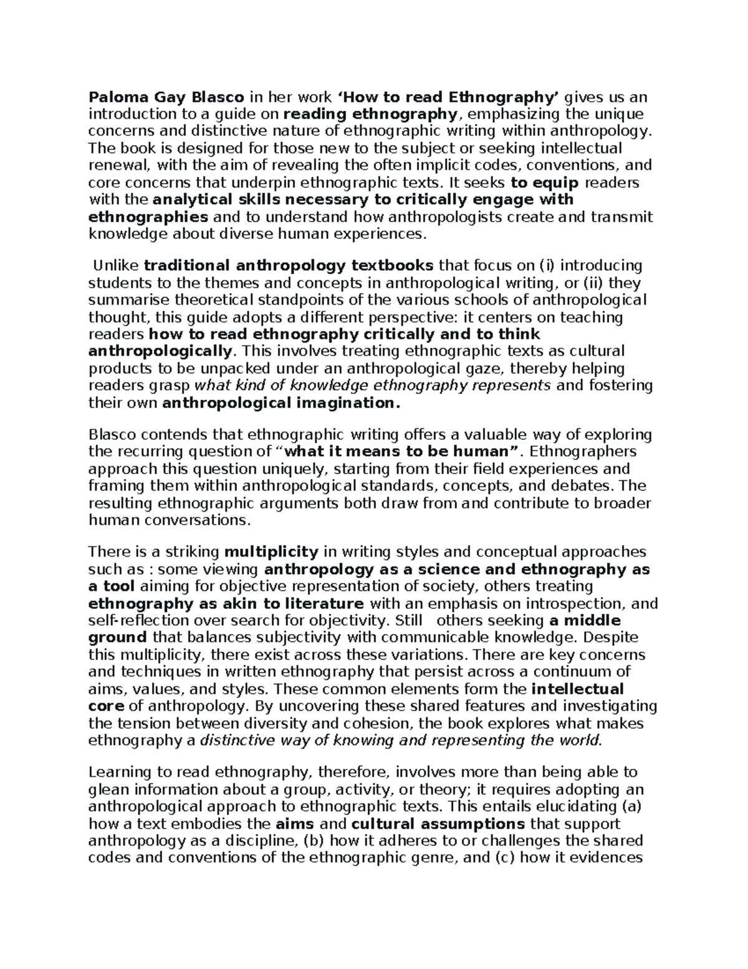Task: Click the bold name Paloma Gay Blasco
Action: pos(166,97)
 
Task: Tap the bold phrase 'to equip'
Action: pos(545,183)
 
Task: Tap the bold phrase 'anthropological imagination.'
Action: pos(280,403)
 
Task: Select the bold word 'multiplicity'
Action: pos(271,552)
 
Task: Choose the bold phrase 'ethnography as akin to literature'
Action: pos(226,604)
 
